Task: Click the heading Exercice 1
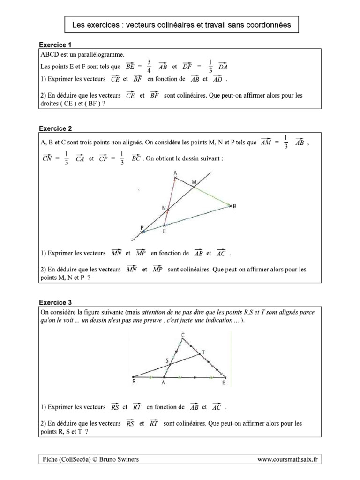[55, 45]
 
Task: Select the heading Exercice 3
[55, 302]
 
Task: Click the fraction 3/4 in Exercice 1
[149, 66]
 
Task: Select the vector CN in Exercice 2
[47, 158]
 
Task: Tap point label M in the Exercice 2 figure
[195, 181]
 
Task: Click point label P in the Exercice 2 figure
[142, 227]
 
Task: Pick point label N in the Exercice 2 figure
[164, 208]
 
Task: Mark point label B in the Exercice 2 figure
[234, 206]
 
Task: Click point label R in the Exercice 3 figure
[134, 382]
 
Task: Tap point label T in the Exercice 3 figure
[202, 352]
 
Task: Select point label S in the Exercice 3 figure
[167, 360]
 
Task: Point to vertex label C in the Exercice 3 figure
[182, 334]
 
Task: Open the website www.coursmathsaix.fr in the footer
[287, 460]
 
